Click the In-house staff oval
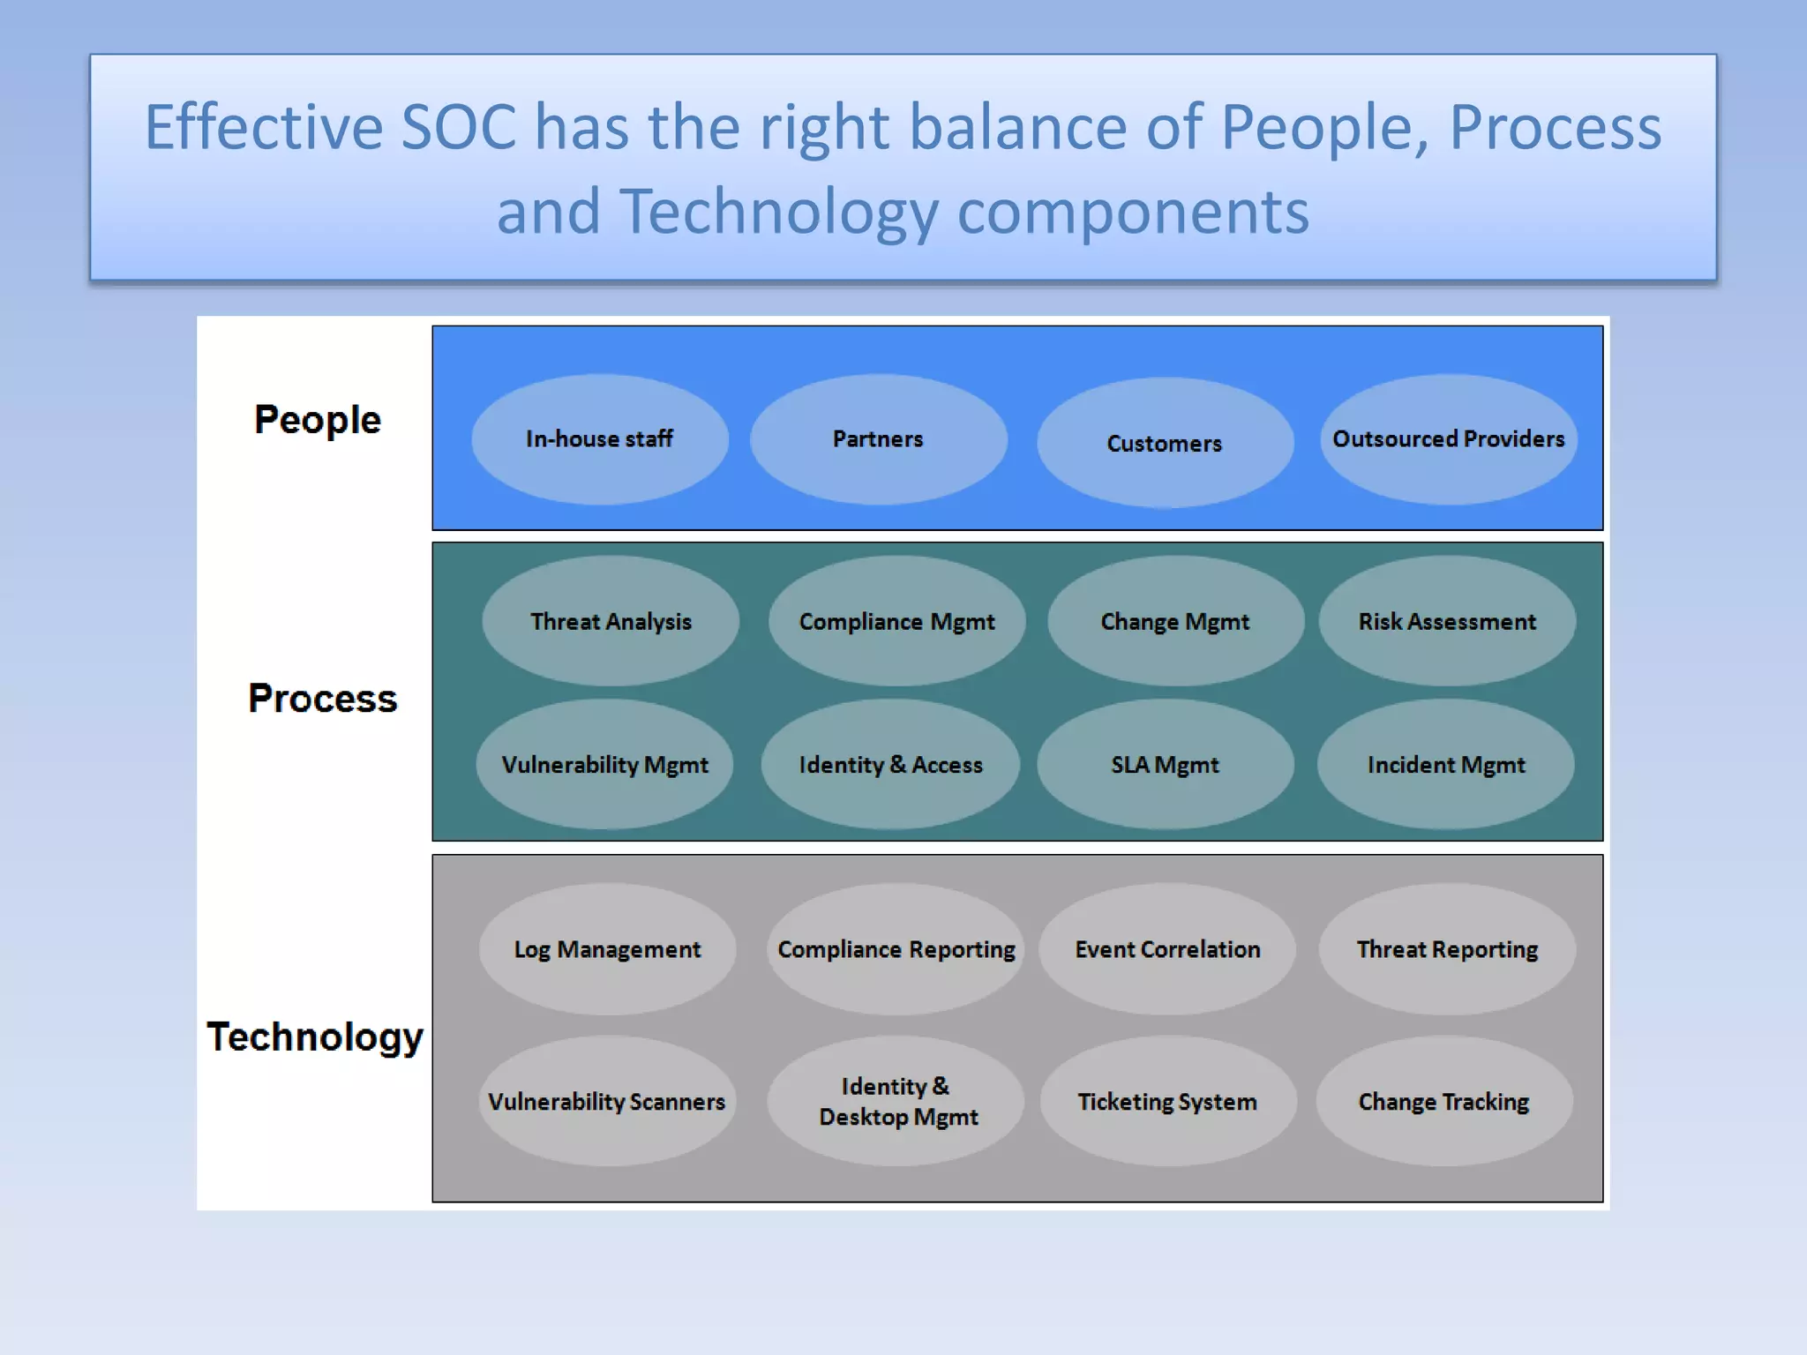pyautogui.click(x=600, y=439)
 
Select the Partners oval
pyautogui.click(x=879, y=439)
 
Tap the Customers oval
pyautogui.click(x=1165, y=443)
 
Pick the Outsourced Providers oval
pyautogui.click(x=1449, y=439)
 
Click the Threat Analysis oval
pyautogui.click(x=611, y=621)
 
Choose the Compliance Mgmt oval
pyautogui.click(x=896, y=621)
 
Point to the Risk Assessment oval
pyautogui.click(x=1447, y=621)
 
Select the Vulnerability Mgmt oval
pyautogui.click(x=605, y=764)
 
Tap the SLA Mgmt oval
pyautogui.click(x=1165, y=764)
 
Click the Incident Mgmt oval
pyautogui.click(x=1445, y=764)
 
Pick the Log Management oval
pyautogui.click(x=607, y=949)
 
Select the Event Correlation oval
pyautogui.click(x=1166, y=949)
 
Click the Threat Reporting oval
pyautogui.click(x=1447, y=949)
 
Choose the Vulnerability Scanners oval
pyautogui.click(x=607, y=1101)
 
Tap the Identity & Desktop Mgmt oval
pyautogui.click(x=896, y=1101)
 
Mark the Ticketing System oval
pyautogui.click(x=1166, y=1101)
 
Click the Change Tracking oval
pyautogui.click(x=1443, y=1101)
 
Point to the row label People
pyautogui.click(x=318, y=420)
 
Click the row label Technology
pyautogui.click(x=315, y=1037)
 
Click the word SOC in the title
pyautogui.click(x=458, y=127)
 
